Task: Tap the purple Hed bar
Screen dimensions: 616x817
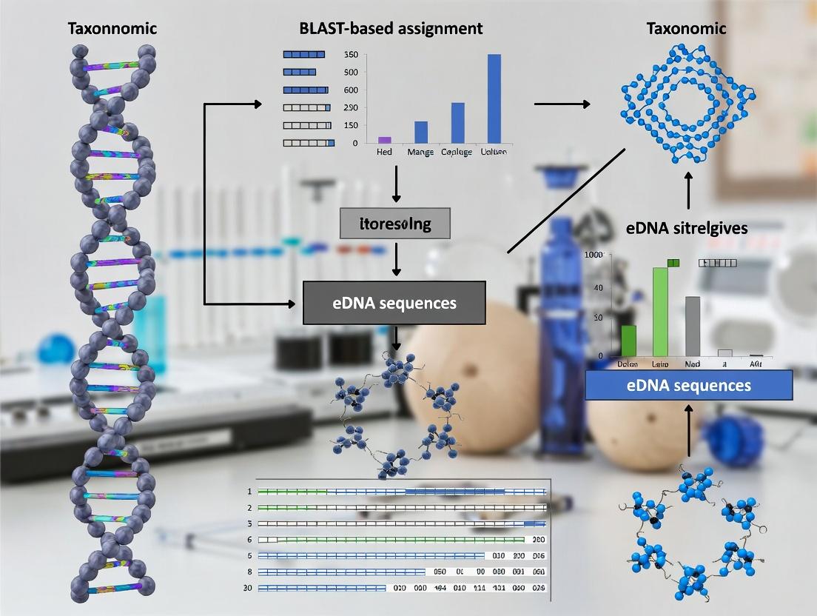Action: (x=384, y=139)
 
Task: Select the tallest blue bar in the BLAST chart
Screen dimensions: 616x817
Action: (x=494, y=98)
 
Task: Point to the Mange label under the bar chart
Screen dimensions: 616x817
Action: (x=420, y=152)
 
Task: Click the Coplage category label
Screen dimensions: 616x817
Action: (x=457, y=152)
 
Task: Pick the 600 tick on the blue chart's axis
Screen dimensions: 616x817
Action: (x=352, y=90)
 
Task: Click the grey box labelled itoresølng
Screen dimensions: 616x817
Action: (x=394, y=223)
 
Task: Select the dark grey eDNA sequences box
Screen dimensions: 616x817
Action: (x=394, y=302)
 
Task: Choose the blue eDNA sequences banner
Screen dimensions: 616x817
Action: (x=688, y=385)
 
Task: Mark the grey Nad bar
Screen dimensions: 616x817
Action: (x=693, y=326)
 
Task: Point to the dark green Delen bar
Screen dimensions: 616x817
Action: (x=628, y=341)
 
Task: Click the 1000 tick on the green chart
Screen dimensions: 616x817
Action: (x=594, y=255)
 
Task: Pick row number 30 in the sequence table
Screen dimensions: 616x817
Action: (x=249, y=588)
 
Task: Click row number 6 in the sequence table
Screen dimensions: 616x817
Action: (x=250, y=540)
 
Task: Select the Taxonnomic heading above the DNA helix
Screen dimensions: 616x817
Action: (x=112, y=30)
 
